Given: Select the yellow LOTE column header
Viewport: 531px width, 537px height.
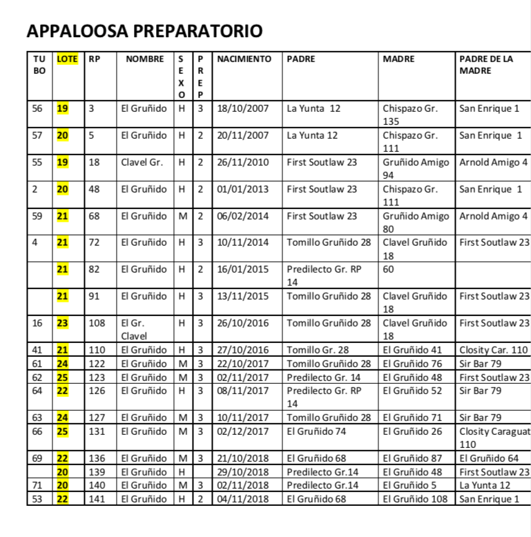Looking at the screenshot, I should point(67,59).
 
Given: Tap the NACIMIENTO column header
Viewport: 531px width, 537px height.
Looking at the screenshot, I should point(244,59).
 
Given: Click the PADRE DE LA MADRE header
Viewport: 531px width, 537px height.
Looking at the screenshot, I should point(486,65).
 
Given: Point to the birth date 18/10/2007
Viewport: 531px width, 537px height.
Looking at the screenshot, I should point(243,108).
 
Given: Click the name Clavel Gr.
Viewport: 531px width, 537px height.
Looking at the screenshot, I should point(142,162).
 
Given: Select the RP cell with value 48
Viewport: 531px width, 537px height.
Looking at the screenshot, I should point(95,189).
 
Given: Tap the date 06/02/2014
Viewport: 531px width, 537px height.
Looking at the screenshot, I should point(243,216).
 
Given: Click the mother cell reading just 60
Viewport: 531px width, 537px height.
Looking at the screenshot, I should point(389,269).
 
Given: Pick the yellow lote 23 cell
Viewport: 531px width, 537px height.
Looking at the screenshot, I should point(62,323).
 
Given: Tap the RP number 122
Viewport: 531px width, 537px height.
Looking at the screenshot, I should point(97,364).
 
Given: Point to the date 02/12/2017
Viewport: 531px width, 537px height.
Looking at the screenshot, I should point(243,431).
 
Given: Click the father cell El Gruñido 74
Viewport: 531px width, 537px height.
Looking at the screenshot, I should point(316,431).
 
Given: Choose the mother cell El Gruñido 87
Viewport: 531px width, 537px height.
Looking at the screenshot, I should point(412,458).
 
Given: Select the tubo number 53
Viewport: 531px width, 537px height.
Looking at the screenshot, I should point(37,499).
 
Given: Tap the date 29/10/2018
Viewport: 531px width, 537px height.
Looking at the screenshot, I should point(243,472).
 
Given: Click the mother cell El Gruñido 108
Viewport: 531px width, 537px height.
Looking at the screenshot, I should point(415,499).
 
